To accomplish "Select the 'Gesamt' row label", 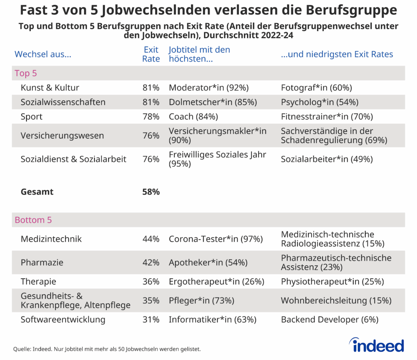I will [37, 191].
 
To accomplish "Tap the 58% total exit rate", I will [151, 191].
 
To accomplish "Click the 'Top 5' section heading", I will [26, 73].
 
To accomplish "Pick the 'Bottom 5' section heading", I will [33, 220].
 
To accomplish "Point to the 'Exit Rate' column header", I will [151, 54].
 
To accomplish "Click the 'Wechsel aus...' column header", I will [43, 54].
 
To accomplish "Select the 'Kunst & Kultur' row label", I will [50, 88].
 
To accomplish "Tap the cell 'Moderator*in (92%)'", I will [208, 88].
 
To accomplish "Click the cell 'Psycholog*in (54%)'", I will [320, 102].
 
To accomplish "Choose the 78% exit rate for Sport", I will [151, 116].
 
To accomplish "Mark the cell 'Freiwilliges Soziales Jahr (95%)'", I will [217, 159].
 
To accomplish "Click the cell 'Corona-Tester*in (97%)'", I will [216, 239].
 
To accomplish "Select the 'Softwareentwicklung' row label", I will [63, 320].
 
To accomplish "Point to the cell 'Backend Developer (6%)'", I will [329, 320].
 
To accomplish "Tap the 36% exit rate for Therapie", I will [151, 281].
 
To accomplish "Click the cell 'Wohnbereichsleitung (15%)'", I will [336, 301].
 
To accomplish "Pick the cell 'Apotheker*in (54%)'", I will [208, 263].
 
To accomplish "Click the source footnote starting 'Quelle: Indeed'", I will [107, 349].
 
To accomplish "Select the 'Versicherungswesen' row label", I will [62, 136].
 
